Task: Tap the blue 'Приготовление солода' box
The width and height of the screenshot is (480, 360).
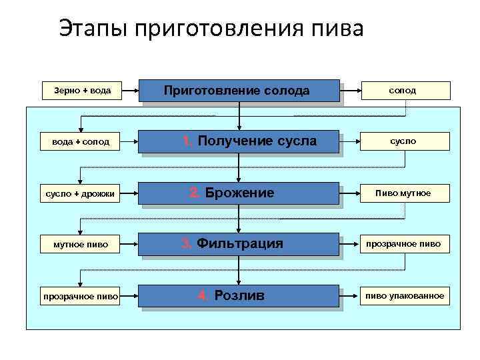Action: (239, 91)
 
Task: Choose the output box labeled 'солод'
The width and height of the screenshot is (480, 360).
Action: (405, 91)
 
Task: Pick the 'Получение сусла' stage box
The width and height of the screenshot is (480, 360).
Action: (239, 141)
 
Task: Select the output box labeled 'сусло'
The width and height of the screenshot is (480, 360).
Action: (405, 141)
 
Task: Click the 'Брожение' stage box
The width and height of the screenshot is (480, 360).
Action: (239, 193)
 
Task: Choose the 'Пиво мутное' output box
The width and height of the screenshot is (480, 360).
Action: (405, 193)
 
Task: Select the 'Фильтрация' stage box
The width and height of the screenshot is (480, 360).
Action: (239, 244)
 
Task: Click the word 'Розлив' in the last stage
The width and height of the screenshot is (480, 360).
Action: (240, 295)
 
